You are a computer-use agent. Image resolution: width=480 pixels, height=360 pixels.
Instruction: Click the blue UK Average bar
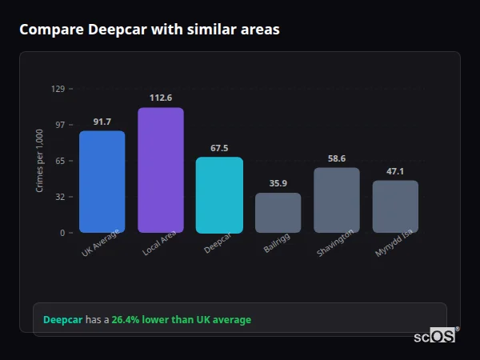click(102, 182)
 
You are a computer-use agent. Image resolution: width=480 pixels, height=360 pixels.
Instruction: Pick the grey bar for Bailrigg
click(278, 213)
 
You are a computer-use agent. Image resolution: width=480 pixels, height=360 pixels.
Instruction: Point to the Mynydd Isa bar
click(395, 206)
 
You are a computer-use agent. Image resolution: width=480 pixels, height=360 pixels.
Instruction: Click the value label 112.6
click(161, 98)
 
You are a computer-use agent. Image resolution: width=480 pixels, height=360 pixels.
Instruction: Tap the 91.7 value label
click(102, 122)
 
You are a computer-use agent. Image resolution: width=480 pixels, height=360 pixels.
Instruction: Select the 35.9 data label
click(278, 183)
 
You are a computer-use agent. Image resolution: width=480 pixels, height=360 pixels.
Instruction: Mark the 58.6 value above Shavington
click(337, 158)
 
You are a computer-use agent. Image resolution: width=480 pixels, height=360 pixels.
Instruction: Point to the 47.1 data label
click(395, 171)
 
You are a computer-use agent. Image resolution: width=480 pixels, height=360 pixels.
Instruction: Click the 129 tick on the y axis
click(58, 89)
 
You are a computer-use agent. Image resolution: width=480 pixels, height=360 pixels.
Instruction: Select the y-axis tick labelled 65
click(59, 161)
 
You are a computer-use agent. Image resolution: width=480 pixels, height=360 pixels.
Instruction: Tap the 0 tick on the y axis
click(62, 233)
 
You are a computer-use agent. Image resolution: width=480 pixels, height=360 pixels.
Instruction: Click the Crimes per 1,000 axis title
click(40, 160)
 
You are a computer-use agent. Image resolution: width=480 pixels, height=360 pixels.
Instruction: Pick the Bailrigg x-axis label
click(276, 244)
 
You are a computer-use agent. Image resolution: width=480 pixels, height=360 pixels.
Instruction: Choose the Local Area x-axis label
click(158, 245)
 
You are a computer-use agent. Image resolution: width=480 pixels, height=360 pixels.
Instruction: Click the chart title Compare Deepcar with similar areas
click(150, 30)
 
